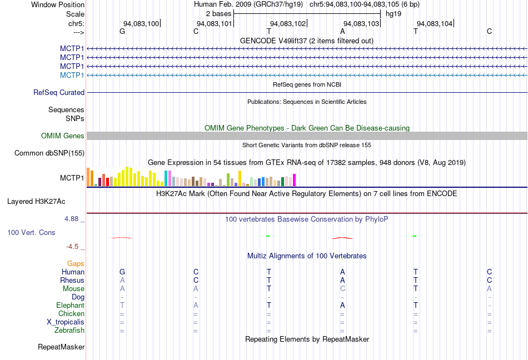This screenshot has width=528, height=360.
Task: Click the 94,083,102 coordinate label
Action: click(288, 23)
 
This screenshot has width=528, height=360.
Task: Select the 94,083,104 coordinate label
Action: click(435, 23)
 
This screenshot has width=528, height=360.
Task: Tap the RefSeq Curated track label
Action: click(59, 93)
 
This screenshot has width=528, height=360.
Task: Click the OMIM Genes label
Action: click(63, 136)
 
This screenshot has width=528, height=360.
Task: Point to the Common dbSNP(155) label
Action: click(49, 153)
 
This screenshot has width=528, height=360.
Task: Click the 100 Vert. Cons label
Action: click(31, 232)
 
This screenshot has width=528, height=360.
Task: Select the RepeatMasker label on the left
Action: click(61, 347)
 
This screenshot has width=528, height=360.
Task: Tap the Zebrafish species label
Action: click(69, 331)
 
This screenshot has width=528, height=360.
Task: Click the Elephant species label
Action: click(70, 306)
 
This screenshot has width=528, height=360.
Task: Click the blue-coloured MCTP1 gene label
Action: click(72, 75)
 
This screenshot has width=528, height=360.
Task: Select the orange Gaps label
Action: click(76, 264)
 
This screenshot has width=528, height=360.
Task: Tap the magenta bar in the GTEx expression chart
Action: click(295, 180)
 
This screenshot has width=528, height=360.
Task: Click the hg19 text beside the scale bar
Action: click(393, 13)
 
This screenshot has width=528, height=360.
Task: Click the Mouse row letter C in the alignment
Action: click(342, 289)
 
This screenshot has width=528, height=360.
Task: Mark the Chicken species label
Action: click(71, 314)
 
